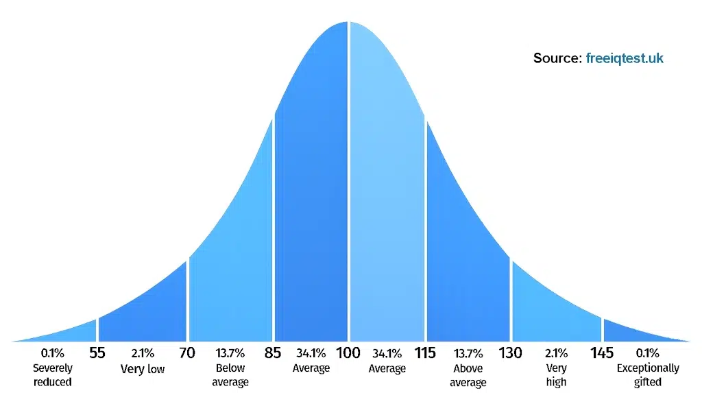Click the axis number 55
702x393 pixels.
tap(97, 353)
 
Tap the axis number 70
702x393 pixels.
tap(186, 353)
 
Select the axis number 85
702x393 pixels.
tap(274, 353)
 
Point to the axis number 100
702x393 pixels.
tap(349, 353)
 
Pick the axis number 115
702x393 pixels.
tap(425, 353)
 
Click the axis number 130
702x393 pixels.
tap(510, 353)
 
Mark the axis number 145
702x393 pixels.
tap(602, 353)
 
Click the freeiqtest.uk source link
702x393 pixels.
tap(625, 58)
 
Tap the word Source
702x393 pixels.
tap(557, 58)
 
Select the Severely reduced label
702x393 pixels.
tap(53, 375)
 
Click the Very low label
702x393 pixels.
tap(143, 369)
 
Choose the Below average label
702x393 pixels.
tap(230, 375)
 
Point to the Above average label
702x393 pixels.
tap(468, 375)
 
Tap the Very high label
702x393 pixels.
tap(556, 375)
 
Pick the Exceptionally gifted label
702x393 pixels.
tap(648, 375)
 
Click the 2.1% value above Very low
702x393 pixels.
tap(143, 354)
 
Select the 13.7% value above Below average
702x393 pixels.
tap(230, 354)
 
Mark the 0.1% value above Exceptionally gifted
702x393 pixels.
tap(648, 354)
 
